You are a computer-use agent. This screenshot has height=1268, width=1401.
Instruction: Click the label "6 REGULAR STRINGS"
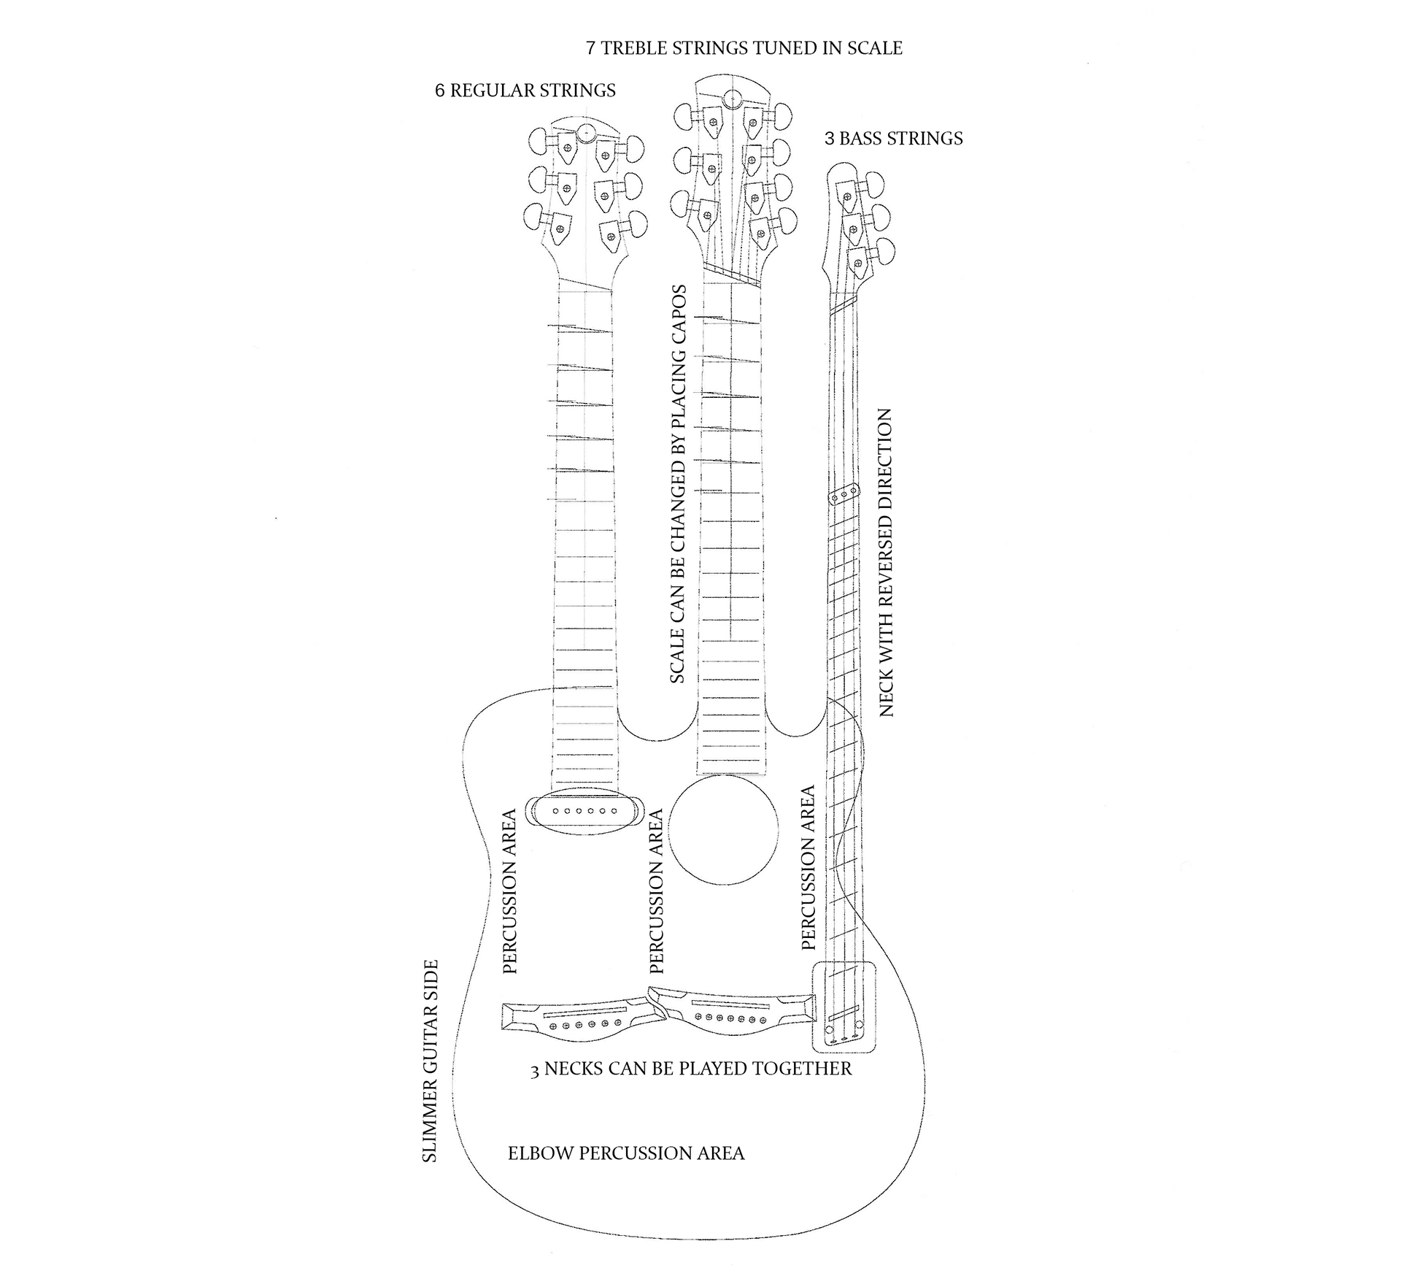coord(525,91)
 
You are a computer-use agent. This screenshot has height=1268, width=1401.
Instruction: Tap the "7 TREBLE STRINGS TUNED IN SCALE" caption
coord(744,48)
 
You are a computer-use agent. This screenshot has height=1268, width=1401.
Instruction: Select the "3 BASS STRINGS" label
coord(893,139)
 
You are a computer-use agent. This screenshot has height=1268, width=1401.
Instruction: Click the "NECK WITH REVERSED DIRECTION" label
coord(886,562)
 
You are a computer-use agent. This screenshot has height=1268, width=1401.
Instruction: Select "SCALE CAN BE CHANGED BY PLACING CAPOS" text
coord(678,484)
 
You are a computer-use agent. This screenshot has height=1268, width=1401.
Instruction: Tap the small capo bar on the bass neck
coord(844,495)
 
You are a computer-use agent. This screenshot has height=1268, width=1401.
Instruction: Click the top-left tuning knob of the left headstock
coord(541,141)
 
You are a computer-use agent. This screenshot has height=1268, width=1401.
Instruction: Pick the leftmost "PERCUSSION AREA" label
coord(509,891)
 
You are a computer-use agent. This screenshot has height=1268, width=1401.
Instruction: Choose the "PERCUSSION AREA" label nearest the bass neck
coord(808,868)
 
